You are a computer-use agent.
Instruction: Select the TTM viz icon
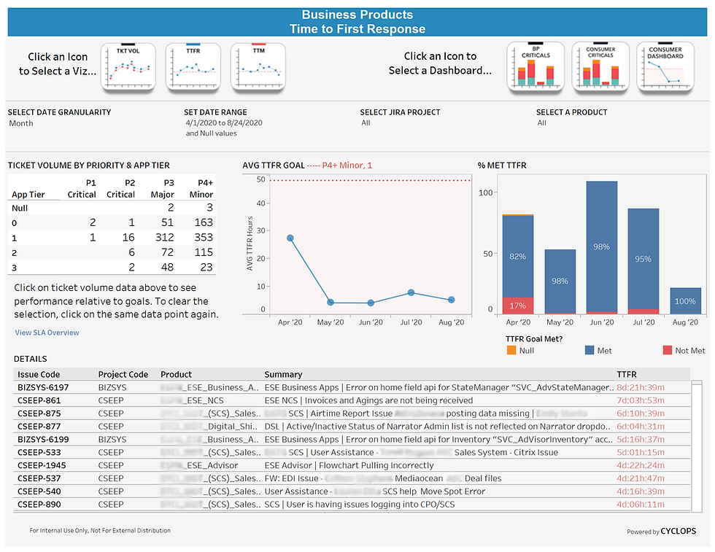[258, 67]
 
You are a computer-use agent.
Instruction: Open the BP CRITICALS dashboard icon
[535, 67]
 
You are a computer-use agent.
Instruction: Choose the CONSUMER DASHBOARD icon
[665, 67]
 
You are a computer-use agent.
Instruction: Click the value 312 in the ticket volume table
[165, 237]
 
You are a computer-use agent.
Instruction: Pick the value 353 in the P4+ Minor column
[204, 237]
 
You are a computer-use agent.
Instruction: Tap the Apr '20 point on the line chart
[290, 238]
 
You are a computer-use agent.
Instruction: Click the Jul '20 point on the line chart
[411, 292]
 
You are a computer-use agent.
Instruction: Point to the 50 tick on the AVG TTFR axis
[260, 180]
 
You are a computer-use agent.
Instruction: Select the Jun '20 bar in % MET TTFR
[602, 247]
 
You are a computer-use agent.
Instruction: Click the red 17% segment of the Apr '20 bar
[518, 306]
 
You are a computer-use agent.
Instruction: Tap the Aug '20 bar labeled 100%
[685, 301]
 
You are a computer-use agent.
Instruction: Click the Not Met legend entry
[683, 351]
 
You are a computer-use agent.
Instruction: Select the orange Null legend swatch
[511, 351]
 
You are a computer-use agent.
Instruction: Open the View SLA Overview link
[47, 333]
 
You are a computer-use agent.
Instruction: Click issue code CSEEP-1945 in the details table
[42, 465]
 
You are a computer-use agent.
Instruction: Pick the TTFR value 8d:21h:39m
[640, 387]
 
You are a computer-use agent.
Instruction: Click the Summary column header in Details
[283, 374]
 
